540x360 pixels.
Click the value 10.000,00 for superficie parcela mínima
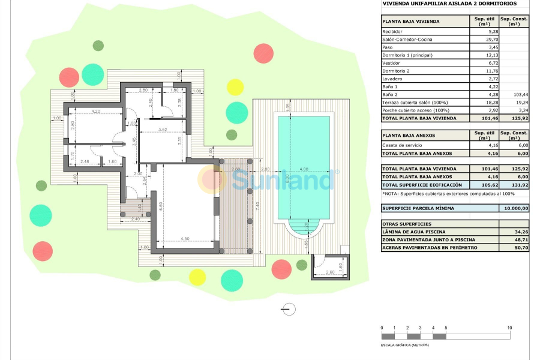pyautogui.click(x=514, y=208)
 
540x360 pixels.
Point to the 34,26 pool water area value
pyautogui.click(x=514, y=232)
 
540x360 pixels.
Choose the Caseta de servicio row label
pyautogui.click(x=402, y=145)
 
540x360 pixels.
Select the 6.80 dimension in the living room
pyautogui.click(x=161, y=205)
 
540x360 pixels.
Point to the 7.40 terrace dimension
pyautogui.click(x=257, y=205)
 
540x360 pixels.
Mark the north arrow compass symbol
pyautogui.click(x=289, y=309)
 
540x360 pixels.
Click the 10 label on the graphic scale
pyautogui.click(x=509, y=328)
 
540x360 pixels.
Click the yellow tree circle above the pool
pyautogui.click(x=235, y=87)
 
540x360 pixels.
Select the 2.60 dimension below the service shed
pyautogui.click(x=329, y=273)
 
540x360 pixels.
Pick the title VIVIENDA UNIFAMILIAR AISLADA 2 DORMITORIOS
pyautogui.click(x=442, y=4)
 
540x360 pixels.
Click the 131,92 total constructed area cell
pyautogui.click(x=514, y=185)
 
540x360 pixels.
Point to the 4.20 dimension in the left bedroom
pyautogui.click(x=95, y=112)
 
